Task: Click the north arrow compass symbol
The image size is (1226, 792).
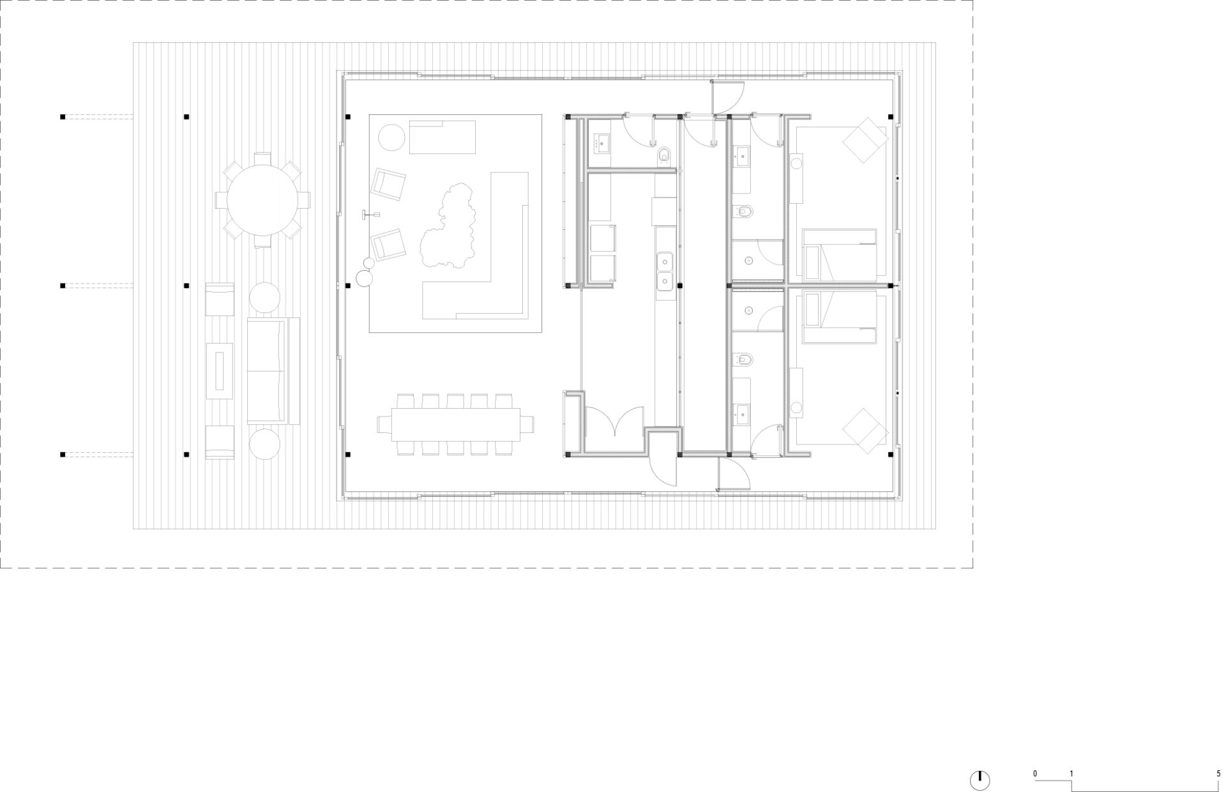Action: point(980,780)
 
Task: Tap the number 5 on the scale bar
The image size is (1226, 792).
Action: point(1218,773)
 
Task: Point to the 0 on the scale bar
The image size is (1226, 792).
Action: point(1035,773)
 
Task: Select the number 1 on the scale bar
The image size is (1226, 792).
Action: point(1071,773)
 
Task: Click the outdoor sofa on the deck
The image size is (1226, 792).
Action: point(273,370)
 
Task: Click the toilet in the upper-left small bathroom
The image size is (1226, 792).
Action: point(665,155)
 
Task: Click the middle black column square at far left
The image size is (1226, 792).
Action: point(63,286)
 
